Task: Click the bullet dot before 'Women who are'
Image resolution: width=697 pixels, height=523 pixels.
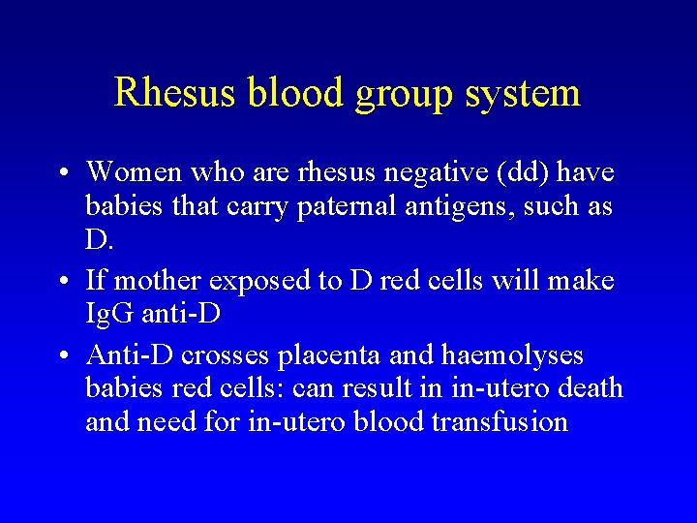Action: tap(60, 173)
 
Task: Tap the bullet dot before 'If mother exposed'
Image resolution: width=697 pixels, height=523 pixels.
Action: tap(60, 282)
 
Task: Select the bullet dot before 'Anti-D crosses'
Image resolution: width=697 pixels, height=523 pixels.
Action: tap(60, 355)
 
